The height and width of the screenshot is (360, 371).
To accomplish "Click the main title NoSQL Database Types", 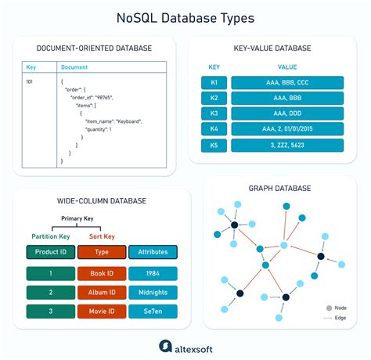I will pyautogui.click(x=185, y=17).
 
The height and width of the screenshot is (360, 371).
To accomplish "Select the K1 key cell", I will pyautogui.click(x=214, y=82).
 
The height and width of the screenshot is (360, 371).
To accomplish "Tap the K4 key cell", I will pyautogui.click(x=214, y=129).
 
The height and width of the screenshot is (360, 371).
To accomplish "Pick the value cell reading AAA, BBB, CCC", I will pyautogui.click(x=289, y=82).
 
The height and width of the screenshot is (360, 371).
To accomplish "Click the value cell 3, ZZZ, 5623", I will pyautogui.click(x=289, y=145).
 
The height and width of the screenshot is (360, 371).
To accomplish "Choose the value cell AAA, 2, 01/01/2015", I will pyautogui.click(x=289, y=129).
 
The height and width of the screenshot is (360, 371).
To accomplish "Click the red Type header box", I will pyautogui.click(x=101, y=252).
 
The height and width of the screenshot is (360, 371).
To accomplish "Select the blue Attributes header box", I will pyautogui.click(x=153, y=252).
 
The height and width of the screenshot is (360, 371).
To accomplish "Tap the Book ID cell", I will pyautogui.click(x=101, y=273).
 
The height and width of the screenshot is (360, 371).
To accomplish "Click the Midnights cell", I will pyautogui.click(x=153, y=293).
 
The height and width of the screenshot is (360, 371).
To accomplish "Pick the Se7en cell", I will pyautogui.click(x=153, y=311).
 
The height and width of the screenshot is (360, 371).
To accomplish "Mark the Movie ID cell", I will pyautogui.click(x=101, y=311).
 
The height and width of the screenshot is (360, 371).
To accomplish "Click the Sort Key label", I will pyautogui.click(x=101, y=236).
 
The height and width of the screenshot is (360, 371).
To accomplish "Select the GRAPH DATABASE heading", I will pyautogui.click(x=279, y=189).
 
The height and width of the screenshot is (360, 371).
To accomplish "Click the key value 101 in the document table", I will pyautogui.click(x=30, y=80).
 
